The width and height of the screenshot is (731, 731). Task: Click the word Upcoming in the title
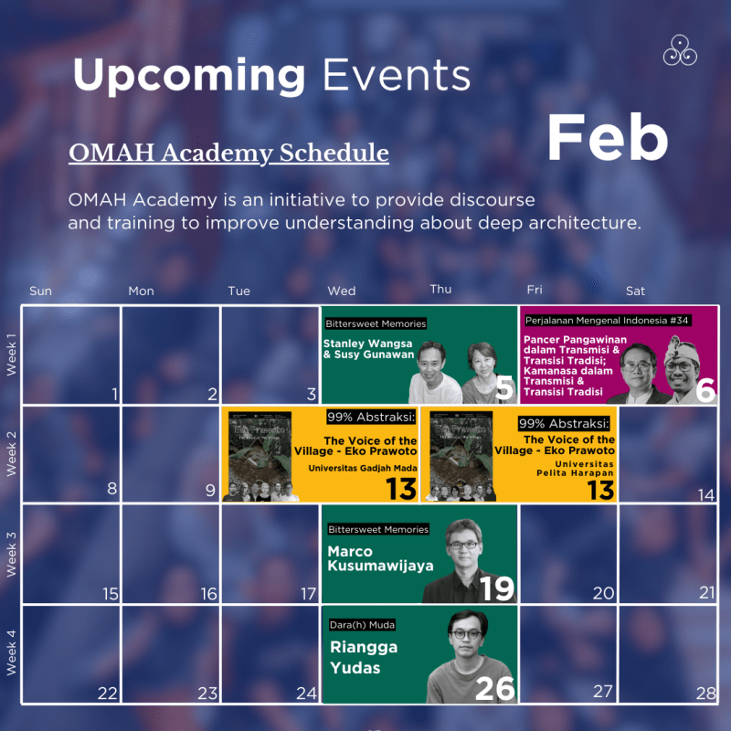(x=188, y=75)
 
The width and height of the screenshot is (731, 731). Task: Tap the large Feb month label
(x=607, y=138)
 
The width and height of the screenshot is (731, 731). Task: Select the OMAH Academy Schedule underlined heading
(x=228, y=153)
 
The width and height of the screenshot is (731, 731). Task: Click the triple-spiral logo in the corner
(x=681, y=50)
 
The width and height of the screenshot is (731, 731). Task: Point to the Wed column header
(x=341, y=291)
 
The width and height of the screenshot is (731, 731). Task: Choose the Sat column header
(x=635, y=291)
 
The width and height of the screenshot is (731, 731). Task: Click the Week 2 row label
(x=12, y=454)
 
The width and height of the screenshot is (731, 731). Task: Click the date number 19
(x=497, y=588)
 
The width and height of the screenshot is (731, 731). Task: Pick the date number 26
(x=495, y=687)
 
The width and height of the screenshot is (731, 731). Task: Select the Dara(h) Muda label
(x=364, y=625)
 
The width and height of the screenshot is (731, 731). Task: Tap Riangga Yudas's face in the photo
(x=467, y=636)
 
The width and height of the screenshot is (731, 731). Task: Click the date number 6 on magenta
(x=704, y=389)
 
